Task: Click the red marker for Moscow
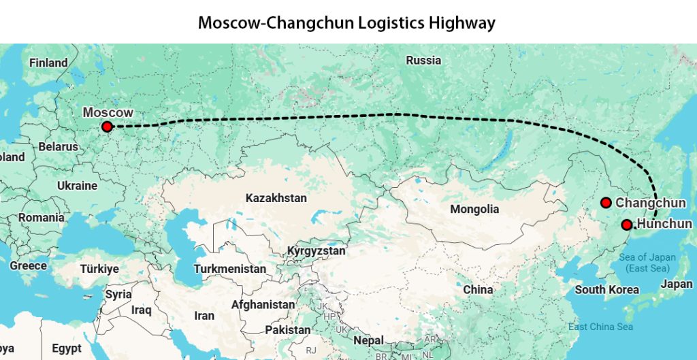tap(107, 127)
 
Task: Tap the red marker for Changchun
tap(606, 202)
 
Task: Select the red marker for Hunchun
tap(627, 225)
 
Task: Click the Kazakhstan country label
tap(276, 198)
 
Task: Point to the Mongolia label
tap(475, 209)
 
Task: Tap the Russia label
tap(423, 60)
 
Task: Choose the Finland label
tap(48, 63)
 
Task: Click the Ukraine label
tap(77, 185)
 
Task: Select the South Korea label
tap(607, 290)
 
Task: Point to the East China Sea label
tap(600, 327)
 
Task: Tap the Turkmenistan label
tap(229, 269)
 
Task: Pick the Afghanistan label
tap(263, 305)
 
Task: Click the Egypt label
tap(67, 348)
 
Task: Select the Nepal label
tap(368, 340)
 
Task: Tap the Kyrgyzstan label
tap(316, 250)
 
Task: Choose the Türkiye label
tap(99, 269)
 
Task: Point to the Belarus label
tap(58, 146)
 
